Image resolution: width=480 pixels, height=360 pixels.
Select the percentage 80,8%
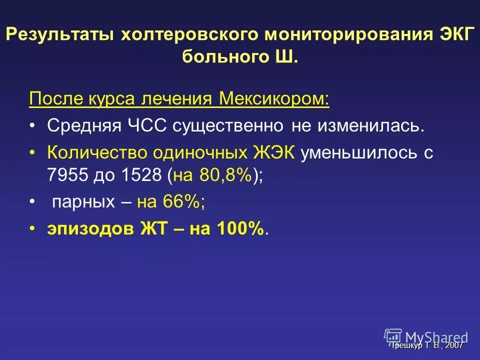[226, 175]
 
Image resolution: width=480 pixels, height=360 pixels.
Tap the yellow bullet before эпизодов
[32, 228]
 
